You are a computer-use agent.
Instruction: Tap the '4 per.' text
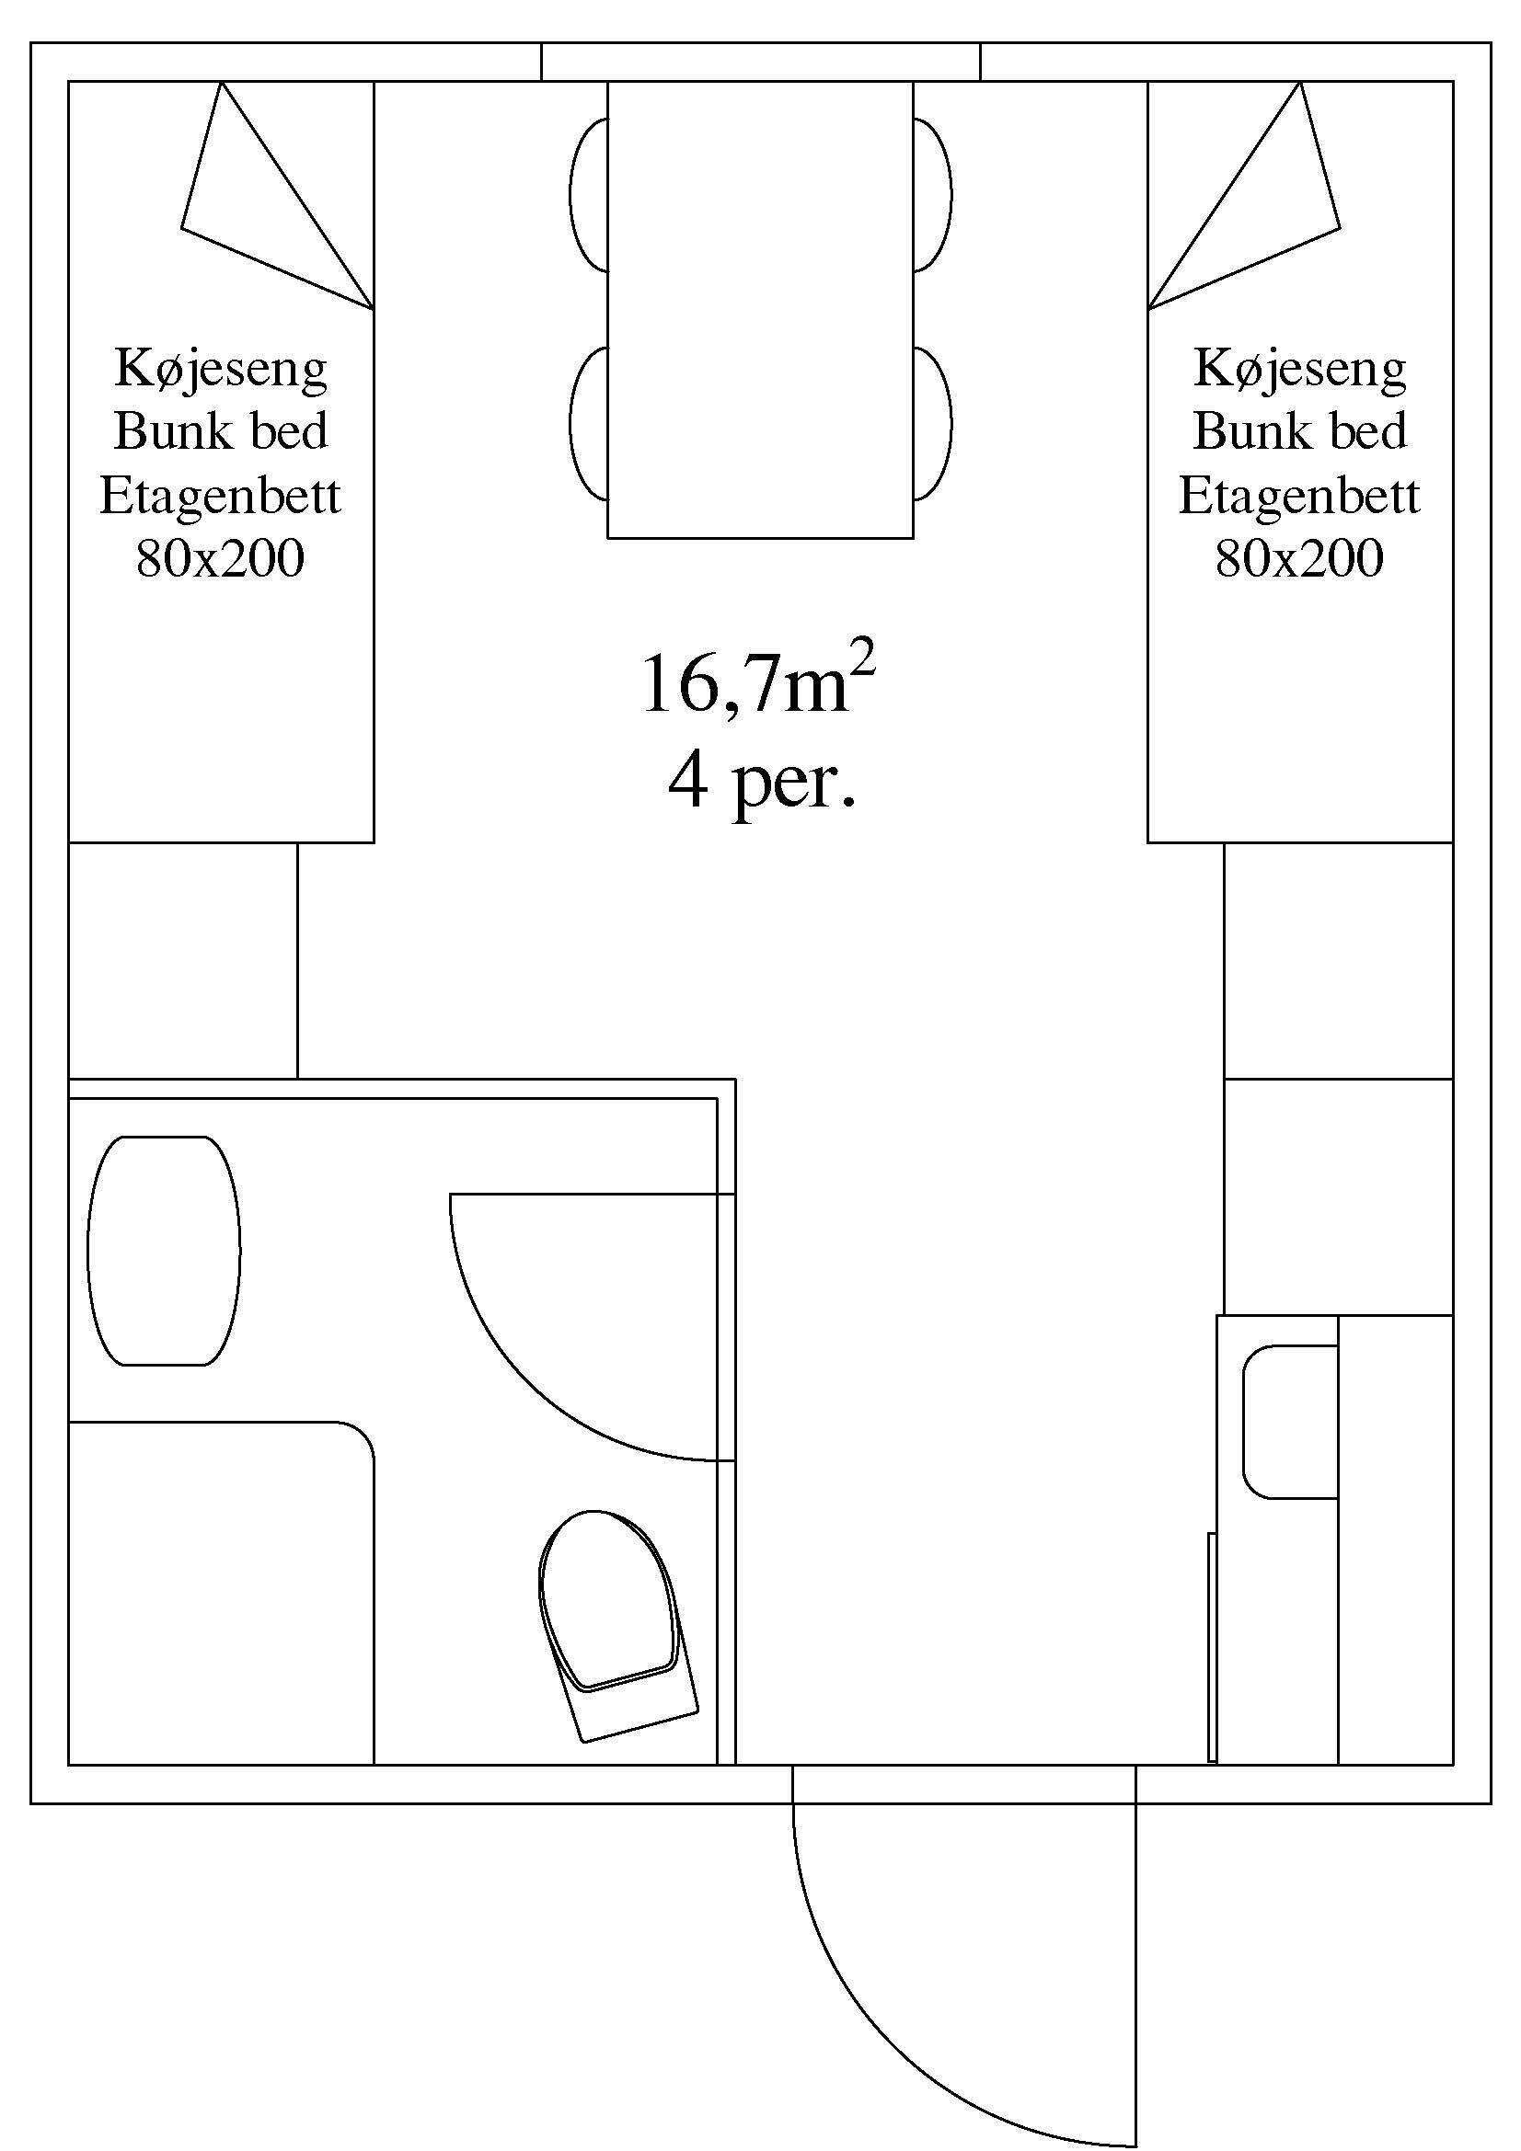click(x=761, y=784)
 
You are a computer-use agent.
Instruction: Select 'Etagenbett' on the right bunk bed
click(x=1299, y=496)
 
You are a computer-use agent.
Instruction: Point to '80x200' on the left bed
click(x=220, y=559)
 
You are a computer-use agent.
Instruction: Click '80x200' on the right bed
click(x=1299, y=559)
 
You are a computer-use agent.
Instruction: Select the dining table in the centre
click(x=760, y=309)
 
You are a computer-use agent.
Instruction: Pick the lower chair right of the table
click(x=931, y=423)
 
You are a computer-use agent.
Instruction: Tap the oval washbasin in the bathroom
click(x=164, y=1250)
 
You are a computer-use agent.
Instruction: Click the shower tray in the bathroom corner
click(x=220, y=1593)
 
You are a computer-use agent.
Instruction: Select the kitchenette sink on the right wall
click(x=1289, y=1422)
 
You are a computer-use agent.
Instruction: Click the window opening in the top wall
click(x=760, y=62)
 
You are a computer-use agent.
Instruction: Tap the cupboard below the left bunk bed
click(x=183, y=960)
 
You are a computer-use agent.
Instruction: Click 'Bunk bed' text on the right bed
click(x=1299, y=432)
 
